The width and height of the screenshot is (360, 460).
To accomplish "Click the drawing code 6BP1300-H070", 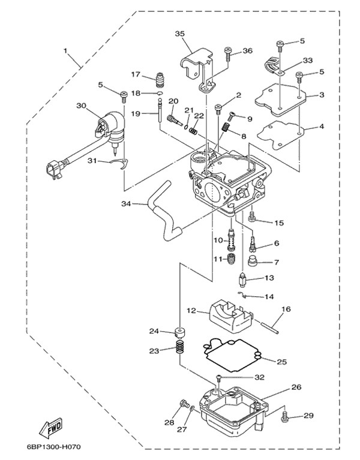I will click(x=62, y=447).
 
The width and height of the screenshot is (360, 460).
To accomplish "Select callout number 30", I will click(x=82, y=106).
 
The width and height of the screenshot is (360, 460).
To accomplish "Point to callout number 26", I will click(x=296, y=387).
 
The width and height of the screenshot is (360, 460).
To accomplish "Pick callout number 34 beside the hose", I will click(x=125, y=204).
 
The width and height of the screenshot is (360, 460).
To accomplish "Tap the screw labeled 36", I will click(x=228, y=55).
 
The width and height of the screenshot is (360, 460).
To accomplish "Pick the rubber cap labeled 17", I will click(x=160, y=79).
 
